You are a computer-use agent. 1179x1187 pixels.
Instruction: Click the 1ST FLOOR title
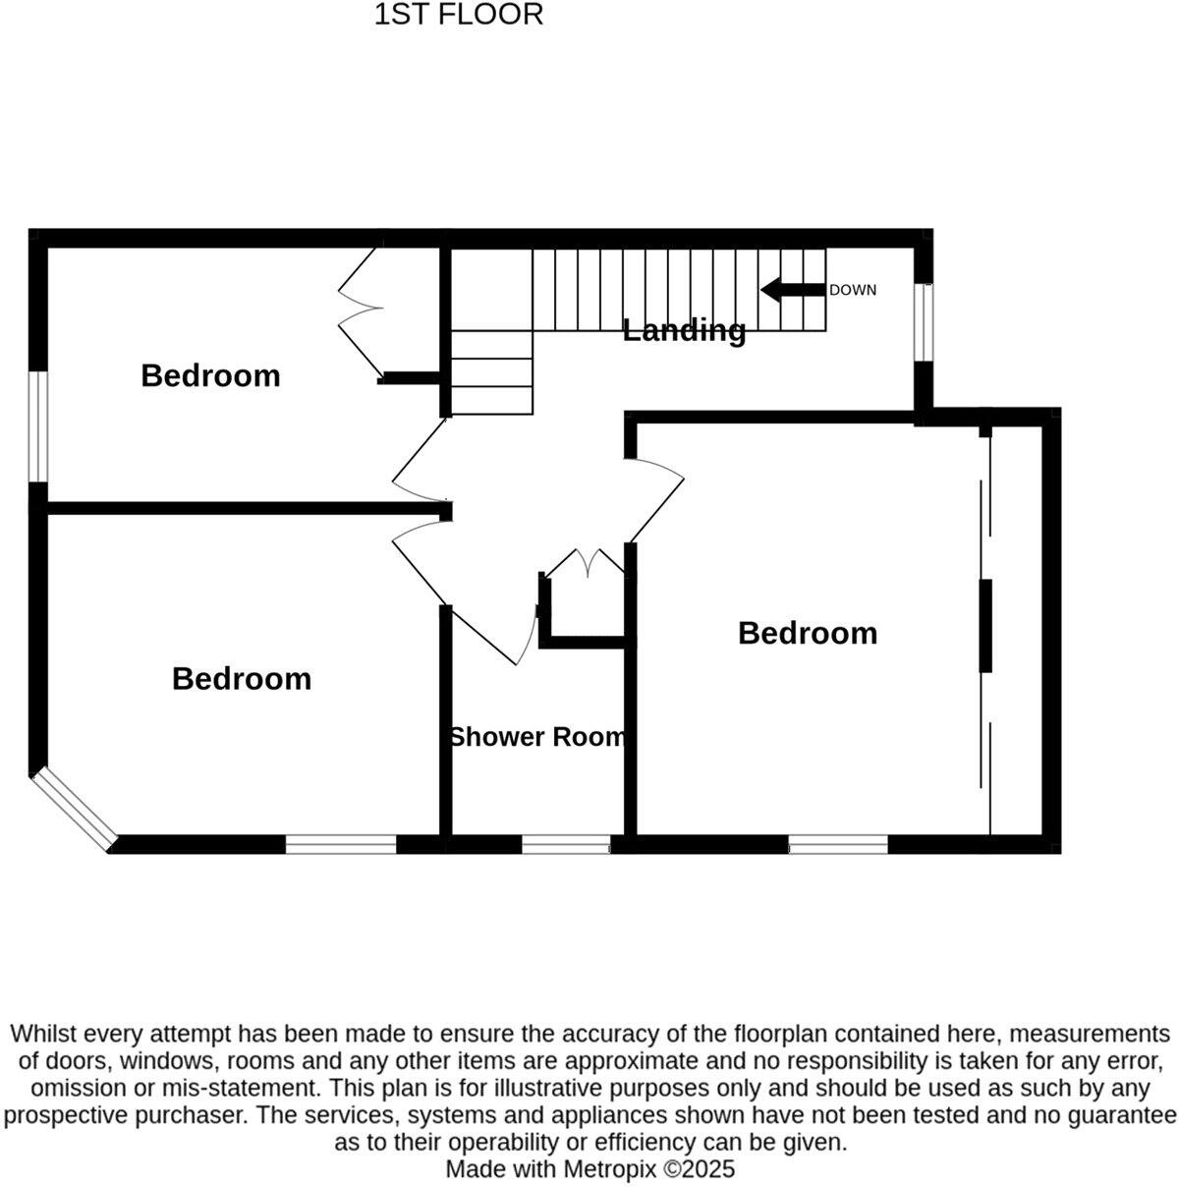pyautogui.click(x=458, y=15)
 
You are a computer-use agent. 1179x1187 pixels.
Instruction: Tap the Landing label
pyautogui.click(x=684, y=330)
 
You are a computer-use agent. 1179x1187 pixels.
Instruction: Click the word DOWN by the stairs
pyautogui.click(x=852, y=290)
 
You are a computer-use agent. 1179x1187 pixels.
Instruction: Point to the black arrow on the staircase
pyautogui.click(x=792, y=290)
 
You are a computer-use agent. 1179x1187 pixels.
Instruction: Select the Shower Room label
pyautogui.click(x=536, y=737)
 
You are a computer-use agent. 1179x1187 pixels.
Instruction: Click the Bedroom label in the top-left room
pyautogui.click(x=210, y=375)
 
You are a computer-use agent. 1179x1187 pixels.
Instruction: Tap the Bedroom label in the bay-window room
pyautogui.click(x=241, y=678)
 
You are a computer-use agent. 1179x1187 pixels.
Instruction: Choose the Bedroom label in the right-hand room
pyautogui.click(x=807, y=633)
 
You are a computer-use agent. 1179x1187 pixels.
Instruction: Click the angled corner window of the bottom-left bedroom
pyautogui.click(x=74, y=809)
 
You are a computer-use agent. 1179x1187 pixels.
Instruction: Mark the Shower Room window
pyautogui.click(x=565, y=844)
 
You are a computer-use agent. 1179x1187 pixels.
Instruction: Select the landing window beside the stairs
pyautogui.click(x=923, y=322)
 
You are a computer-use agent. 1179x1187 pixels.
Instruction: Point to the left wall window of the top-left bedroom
pyautogui.click(x=37, y=426)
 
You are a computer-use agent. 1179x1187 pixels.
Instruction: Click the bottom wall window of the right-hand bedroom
pyautogui.click(x=838, y=844)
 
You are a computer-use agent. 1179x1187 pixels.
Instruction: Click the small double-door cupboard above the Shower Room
pyautogui.click(x=586, y=568)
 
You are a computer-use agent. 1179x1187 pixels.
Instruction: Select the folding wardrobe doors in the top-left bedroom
pyautogui.click(x=361, y=310)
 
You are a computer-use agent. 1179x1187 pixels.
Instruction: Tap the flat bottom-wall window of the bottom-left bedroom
pyautogui.click(x=341, y=844)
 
